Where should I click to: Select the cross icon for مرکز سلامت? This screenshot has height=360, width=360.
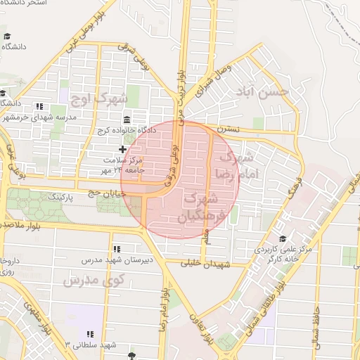tap(123, 149)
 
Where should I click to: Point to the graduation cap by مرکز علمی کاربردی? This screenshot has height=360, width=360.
tap(283, 238)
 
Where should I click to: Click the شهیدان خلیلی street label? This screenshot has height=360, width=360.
tap(203, 264)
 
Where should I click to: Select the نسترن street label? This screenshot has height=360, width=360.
tap(229, 129)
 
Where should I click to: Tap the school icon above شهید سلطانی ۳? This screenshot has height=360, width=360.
tap(89, 333)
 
